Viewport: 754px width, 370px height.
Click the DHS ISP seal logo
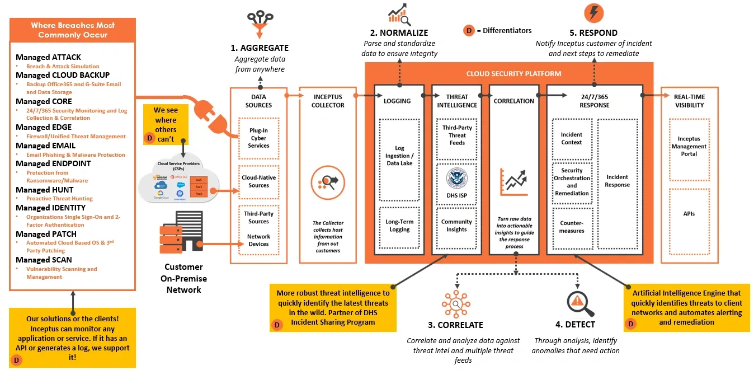[456, 177]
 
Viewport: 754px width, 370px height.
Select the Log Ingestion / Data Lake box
[399, 159]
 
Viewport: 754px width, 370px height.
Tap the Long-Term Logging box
[399, 226]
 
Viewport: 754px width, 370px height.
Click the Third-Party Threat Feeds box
[457, 135]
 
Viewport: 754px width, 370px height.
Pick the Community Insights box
[456, 226]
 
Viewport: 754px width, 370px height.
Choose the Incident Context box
[571, 138]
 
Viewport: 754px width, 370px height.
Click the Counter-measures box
[571, 227]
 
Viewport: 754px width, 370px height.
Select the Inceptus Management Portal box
[689, 146]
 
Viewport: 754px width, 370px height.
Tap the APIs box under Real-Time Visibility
[689, 214]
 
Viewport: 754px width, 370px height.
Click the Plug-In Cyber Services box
[258, 138]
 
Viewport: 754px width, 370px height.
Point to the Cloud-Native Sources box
[258, 181]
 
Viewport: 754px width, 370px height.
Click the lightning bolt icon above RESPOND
[593, 13]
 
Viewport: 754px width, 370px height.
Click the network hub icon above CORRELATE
[456, 304]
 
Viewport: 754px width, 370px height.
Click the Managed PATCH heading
[46, 234]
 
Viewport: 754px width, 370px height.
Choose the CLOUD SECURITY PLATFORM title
[513, 74]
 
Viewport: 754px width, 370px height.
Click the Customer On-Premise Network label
[183, 278]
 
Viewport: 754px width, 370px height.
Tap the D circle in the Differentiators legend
[469, 31]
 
